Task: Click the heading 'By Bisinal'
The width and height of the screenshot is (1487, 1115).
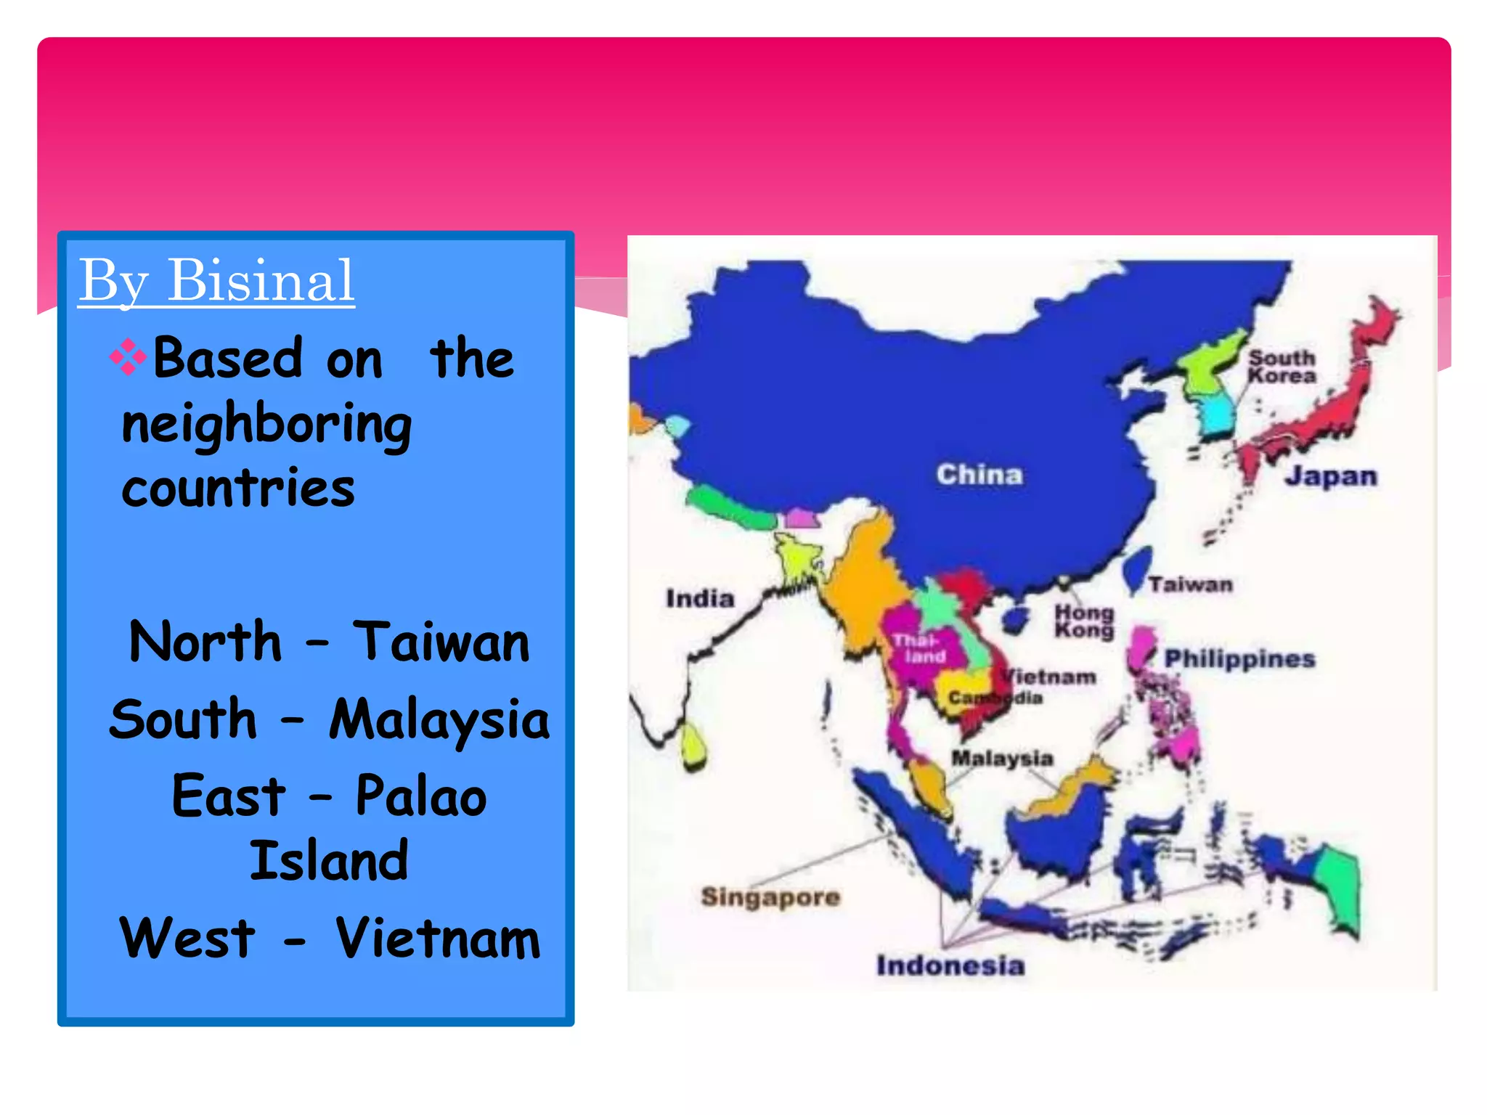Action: pos(216,281)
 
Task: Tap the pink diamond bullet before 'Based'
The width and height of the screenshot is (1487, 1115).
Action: pos(128,357)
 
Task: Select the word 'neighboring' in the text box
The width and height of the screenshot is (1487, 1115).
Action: pos(266,425)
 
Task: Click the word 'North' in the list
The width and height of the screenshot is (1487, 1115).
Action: pos(205,642)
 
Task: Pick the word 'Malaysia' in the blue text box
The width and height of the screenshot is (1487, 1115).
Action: pos(439,719)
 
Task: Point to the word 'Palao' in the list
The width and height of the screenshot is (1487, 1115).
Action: pos(421,796)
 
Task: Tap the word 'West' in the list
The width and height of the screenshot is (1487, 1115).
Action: pos(187,938)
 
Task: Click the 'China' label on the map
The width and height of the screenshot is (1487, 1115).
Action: pos(979,475)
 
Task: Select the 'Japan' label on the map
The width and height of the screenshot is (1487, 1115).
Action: pos(1331,476)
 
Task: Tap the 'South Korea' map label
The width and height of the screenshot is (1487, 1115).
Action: pos(1282,367)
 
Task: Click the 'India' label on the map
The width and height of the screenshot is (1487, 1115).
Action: pos(700,599)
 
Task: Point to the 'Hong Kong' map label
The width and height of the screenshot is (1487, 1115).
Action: pos(1084,621)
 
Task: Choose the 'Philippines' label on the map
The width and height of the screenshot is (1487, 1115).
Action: pos(1240,658)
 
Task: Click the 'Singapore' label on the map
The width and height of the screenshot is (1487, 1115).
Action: pos(770,897)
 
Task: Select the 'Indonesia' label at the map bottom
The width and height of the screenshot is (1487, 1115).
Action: pos(950,965)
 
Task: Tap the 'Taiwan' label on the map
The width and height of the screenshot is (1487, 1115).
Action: pos(1191,584)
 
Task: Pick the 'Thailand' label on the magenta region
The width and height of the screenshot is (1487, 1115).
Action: pos(919,648)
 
